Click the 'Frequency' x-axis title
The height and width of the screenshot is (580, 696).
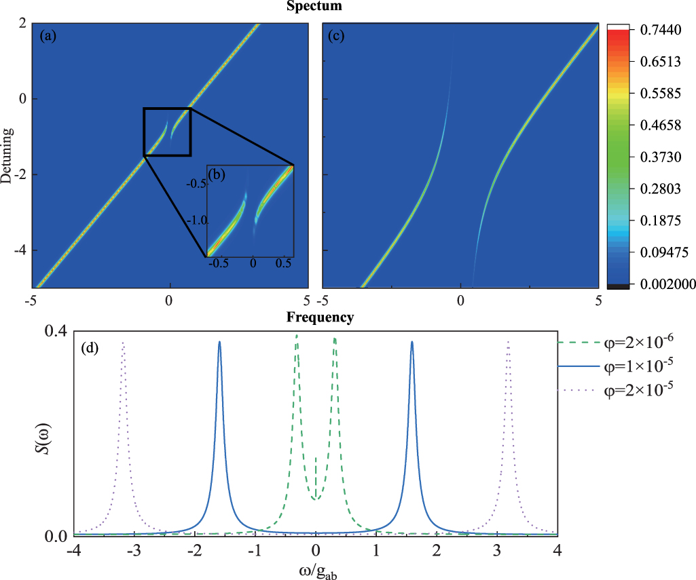point(319,317)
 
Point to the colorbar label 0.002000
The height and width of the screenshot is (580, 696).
point(655,284)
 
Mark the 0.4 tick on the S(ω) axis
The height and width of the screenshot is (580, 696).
point(55,331)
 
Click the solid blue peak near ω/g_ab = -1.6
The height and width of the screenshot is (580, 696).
point(219,343)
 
